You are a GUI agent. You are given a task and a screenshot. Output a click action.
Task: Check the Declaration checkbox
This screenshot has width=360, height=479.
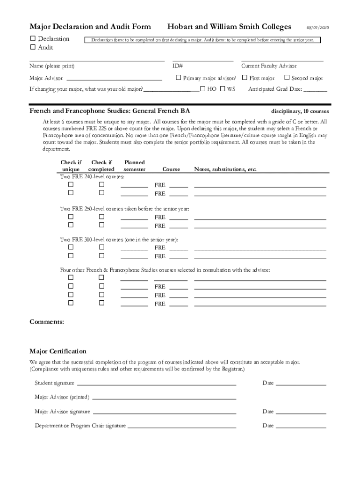(x=33, y=38)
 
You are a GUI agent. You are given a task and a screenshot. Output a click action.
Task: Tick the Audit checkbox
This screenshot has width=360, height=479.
(x=33, y=47)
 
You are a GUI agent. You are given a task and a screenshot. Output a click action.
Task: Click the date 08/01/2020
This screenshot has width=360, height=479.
(x=318, y=28)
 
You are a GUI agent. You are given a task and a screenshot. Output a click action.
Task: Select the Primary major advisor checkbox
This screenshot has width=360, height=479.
(x=178, y=78)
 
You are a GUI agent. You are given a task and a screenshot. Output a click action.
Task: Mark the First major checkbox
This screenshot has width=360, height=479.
(x=245, y=78)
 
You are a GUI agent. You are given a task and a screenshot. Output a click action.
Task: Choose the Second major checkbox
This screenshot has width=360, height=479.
(x=288, y=78)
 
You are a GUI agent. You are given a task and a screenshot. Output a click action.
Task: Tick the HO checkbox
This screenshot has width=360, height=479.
(x=202, y=88)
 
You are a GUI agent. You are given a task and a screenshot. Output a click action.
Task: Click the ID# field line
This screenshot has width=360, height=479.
(x=202, y=60)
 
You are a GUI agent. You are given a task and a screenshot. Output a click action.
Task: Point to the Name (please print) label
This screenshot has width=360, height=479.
(x=52, y=66)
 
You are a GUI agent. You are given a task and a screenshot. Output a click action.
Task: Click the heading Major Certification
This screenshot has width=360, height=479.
(x=58, y=351)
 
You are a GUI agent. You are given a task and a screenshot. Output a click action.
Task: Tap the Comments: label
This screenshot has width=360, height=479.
(x=47, y=322)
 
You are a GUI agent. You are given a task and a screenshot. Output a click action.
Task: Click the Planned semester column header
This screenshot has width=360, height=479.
(x=134, y=166)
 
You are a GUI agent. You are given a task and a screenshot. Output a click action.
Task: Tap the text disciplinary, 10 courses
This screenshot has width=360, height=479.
(x=300, y=111)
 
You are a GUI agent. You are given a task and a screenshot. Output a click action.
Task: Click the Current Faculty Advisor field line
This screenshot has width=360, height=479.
(x=282, y=60)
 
